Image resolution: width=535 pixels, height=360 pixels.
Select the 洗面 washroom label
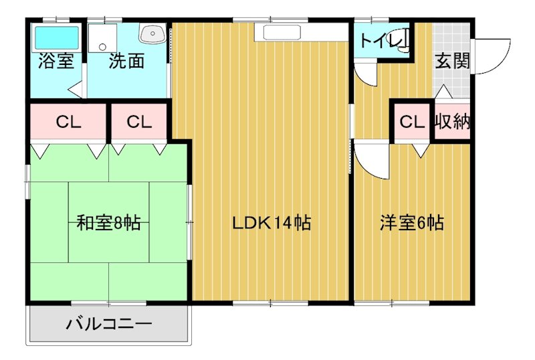coord(126,62)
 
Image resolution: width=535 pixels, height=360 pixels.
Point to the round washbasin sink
coord(151,34)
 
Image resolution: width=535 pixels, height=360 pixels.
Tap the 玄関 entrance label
coord(452,62)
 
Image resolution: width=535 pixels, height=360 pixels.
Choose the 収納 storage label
coord(452,122)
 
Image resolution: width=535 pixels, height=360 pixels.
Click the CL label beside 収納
coord(412,122)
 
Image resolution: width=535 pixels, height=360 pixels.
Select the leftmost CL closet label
coord(68,122)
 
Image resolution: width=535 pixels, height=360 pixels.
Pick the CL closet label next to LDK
coord(140,122)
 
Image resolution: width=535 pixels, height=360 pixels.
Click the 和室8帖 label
coord(108,223)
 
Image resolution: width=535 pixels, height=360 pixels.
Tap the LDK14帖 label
coord(272,223)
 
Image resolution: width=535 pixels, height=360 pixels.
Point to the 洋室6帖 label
coord(412,223)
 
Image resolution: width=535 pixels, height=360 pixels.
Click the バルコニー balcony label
coord(108,326)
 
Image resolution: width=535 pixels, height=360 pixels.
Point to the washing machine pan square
coord(104,38)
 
